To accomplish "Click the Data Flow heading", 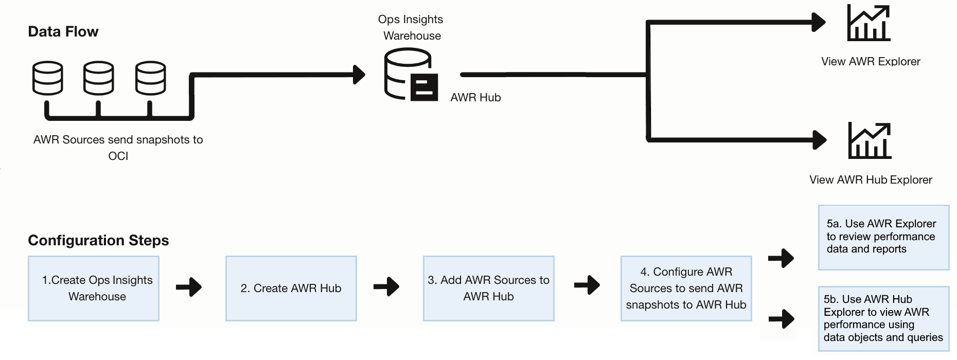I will click(x=63, y=32).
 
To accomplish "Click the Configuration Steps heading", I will click(x=98, y=240).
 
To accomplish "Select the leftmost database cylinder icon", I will click(x=48, y=78).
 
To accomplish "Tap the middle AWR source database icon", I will click(x=99, y=78).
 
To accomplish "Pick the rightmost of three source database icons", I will click(x=151, y=78).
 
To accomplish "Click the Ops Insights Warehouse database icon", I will click(x=411, y=75).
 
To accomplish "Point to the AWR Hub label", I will click(x=475, y=98).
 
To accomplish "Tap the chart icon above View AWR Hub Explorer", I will click(x=870, y=141).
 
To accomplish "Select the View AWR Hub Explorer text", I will click(x=871, y=180).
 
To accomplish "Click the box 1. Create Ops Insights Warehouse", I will click(x=94, y=289).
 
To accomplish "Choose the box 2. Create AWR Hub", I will click(x=291, y=289).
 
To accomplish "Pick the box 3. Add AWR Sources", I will click(x=489, y=289).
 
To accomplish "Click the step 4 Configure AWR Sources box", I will click(x=686, y=289).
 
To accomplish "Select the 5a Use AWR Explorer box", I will click(x=883, y=238).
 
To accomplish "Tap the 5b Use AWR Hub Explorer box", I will click(x=883, y=319).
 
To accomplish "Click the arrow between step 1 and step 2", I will click(x=189, y=287).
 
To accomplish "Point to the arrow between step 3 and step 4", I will click(x=587, y=285).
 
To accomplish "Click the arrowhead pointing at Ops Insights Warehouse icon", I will click(x=359, y=75).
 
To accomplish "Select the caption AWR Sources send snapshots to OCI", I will click(x=118, y=148).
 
